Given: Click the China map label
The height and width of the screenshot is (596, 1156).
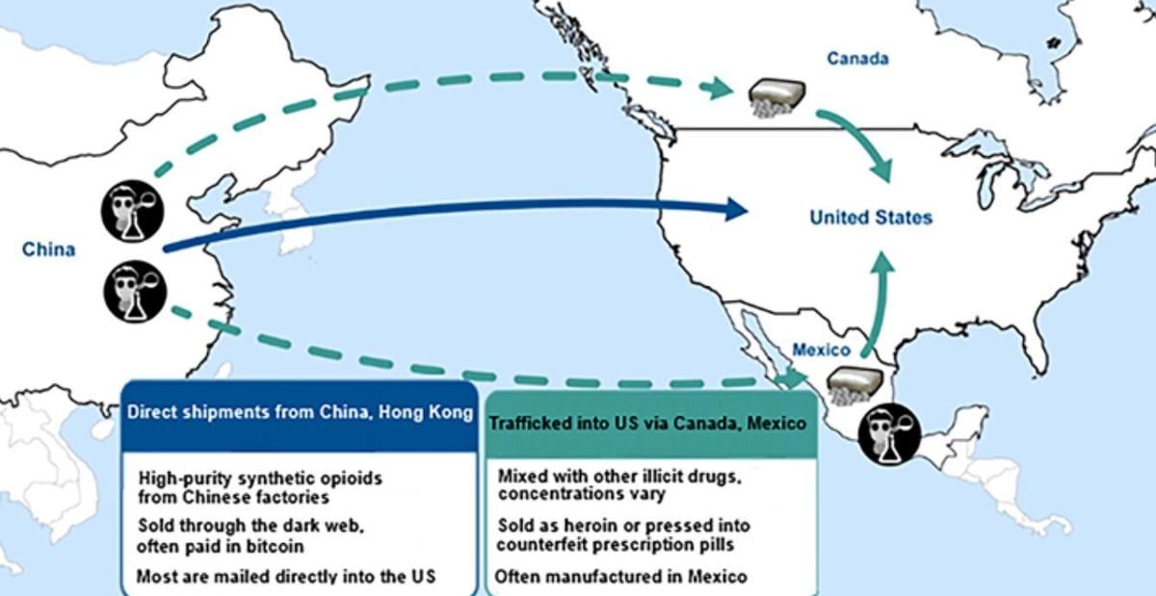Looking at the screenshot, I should point(48,250).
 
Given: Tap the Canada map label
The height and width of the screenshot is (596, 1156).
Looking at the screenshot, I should point(857,59).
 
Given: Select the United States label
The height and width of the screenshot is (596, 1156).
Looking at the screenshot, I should point(871,218).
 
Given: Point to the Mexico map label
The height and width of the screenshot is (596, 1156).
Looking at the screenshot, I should point(820,350).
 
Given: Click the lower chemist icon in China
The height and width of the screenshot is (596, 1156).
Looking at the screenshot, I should point(135,290).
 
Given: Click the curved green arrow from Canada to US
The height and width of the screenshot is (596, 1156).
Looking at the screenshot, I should point(857,143).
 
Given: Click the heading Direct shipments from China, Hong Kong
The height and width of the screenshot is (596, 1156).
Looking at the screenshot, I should point(301,413).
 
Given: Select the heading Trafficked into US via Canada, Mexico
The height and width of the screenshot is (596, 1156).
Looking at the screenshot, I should point(647,423).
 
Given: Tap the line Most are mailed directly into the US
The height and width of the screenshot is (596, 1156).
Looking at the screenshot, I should point(286,578).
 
